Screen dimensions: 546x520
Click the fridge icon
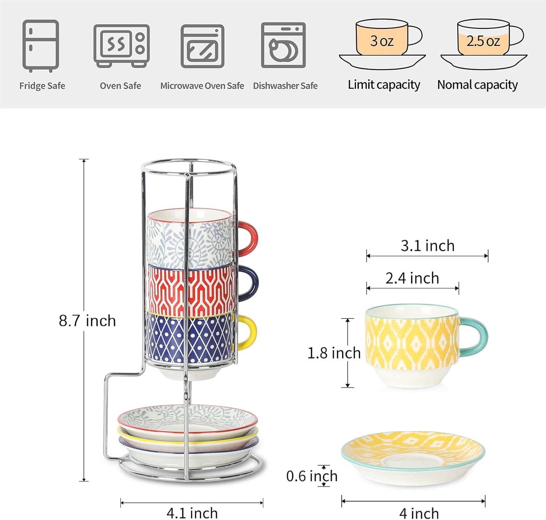(x=40, y=46)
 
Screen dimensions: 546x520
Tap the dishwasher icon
(x=283, y=45)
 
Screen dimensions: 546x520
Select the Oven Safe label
(x=120, y=86)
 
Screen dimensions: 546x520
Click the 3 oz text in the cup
(x=381, y=41)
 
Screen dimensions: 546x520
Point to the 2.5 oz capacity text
(x=483, y=41)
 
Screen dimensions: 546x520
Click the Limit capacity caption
(x=384, y=85)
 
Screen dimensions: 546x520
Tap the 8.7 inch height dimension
(x=87, y=321)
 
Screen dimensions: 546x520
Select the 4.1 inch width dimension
(x=192, y=513)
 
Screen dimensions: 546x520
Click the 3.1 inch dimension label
(x=427, y=246)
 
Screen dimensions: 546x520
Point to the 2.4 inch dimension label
(x=412, y=278)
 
